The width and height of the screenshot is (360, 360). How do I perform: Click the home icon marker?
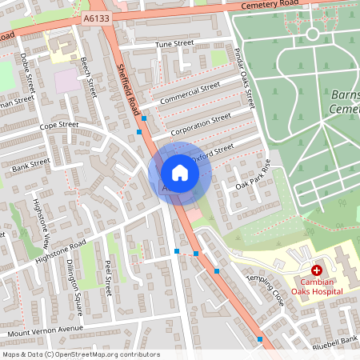(x=180, y=172)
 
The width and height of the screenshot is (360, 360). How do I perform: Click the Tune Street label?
(x=174, y=43)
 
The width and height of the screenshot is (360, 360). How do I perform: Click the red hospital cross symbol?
(x=317, y=271)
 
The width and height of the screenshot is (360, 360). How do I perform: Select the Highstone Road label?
(x=60, y=252)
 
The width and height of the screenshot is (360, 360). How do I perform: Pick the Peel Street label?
(x=108, y=276)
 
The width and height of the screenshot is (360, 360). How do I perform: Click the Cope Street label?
(x=59, y=126)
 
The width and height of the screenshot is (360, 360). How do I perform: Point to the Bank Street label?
(x=32, y=164)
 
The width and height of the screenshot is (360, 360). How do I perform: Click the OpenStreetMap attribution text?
(x=81, y=354)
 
